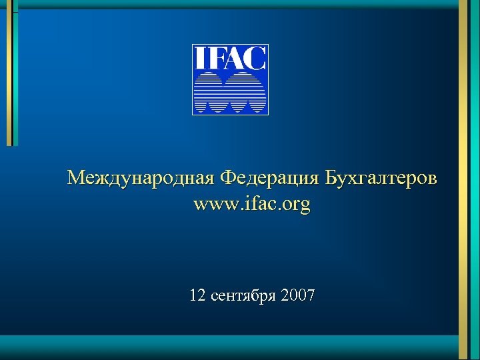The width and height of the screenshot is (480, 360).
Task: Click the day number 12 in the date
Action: click(x=197, y=295)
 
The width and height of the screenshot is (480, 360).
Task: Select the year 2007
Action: click(x=298, y=295)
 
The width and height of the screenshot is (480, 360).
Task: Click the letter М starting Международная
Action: click(x=76, y=178)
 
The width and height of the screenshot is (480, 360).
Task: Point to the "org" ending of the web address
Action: click(x=297, y=205)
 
